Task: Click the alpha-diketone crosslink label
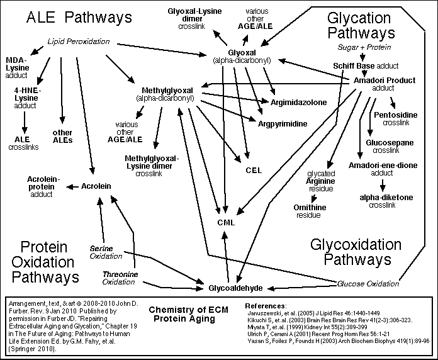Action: pos(386,201)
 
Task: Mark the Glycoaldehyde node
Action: pos(235,288)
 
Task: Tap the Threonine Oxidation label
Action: pos(118,278)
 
